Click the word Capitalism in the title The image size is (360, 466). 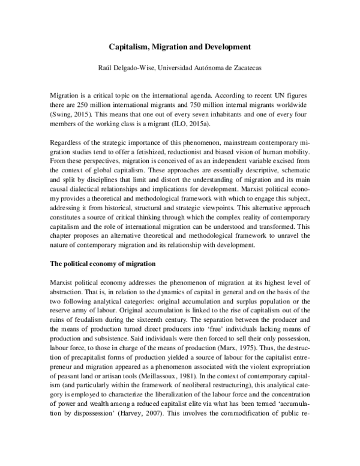click(128, 46)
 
